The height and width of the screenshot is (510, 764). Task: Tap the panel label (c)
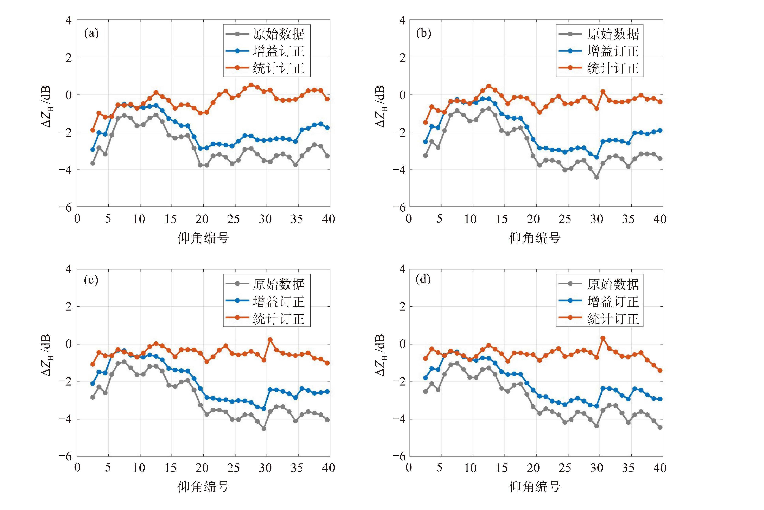[91, 280]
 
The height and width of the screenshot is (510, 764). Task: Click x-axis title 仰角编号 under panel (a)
[203, 238]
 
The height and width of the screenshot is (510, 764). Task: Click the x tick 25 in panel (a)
[233, 219]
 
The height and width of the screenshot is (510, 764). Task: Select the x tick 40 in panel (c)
[328, 468]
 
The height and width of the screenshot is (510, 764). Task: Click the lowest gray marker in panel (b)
[597, 177]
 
